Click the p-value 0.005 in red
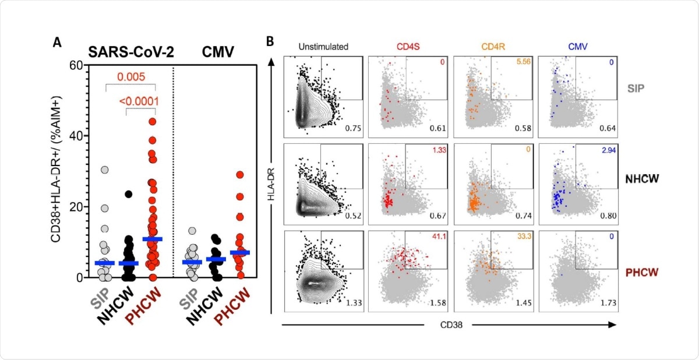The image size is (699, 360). (x=132, y=76)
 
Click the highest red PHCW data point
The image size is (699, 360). (x=153, y=122)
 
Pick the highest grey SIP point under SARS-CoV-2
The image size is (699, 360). (x=104, y=170)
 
